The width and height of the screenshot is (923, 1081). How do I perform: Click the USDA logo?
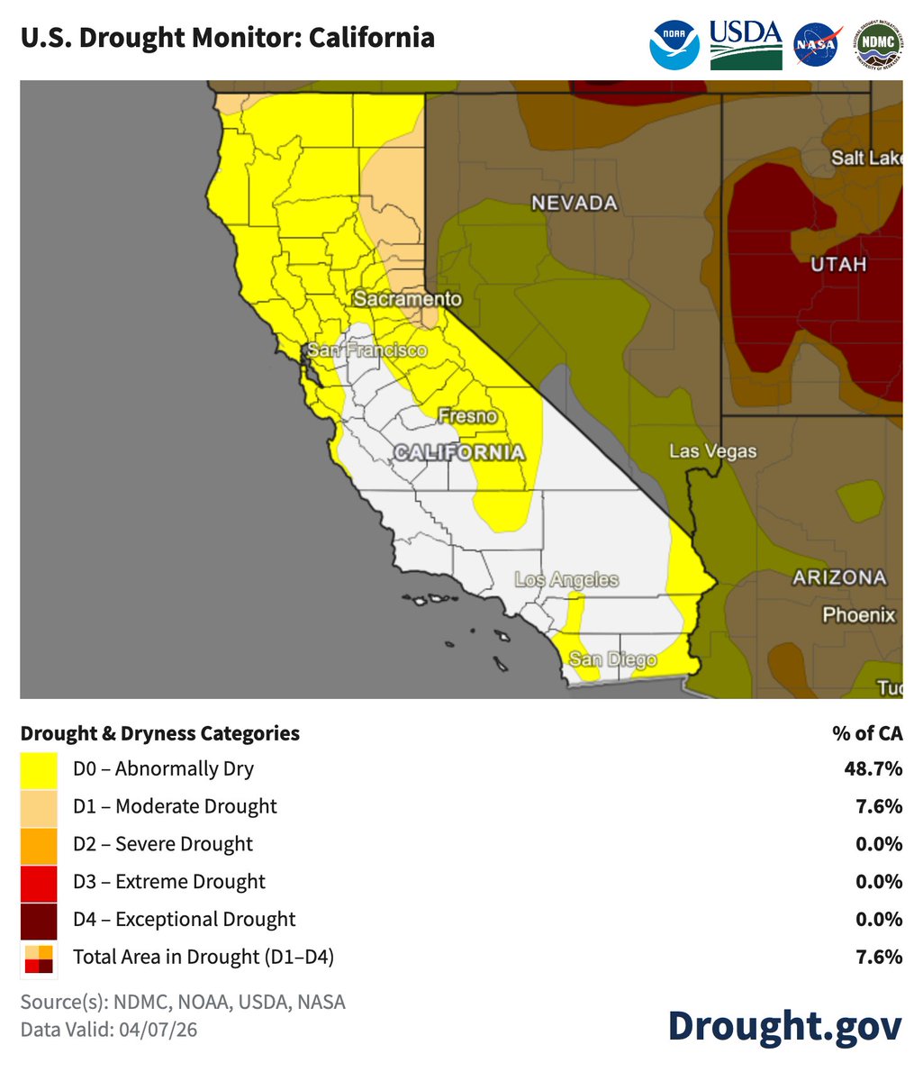[746, 44]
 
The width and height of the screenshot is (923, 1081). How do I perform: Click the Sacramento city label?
[407, 299]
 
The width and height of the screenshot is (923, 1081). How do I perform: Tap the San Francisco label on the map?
[366, 350]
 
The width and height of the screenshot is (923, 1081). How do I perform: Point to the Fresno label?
[466, 416]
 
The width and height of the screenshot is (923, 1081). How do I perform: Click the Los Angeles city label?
[566, 579]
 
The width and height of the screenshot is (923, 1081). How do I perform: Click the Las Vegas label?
[712, 451]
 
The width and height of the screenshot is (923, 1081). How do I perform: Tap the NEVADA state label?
[575, 204]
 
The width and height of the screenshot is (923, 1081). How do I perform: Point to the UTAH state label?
[838, 264]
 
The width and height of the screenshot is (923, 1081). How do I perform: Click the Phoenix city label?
[858, 615]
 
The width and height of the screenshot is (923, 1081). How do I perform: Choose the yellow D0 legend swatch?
[39, 769]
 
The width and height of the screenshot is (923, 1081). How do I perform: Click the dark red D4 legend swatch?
[39, 920]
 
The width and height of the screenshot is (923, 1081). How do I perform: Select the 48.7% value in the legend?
[873, 769]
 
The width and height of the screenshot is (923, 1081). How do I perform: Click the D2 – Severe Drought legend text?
[163, 844]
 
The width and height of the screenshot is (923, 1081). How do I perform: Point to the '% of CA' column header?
[866, 733]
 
